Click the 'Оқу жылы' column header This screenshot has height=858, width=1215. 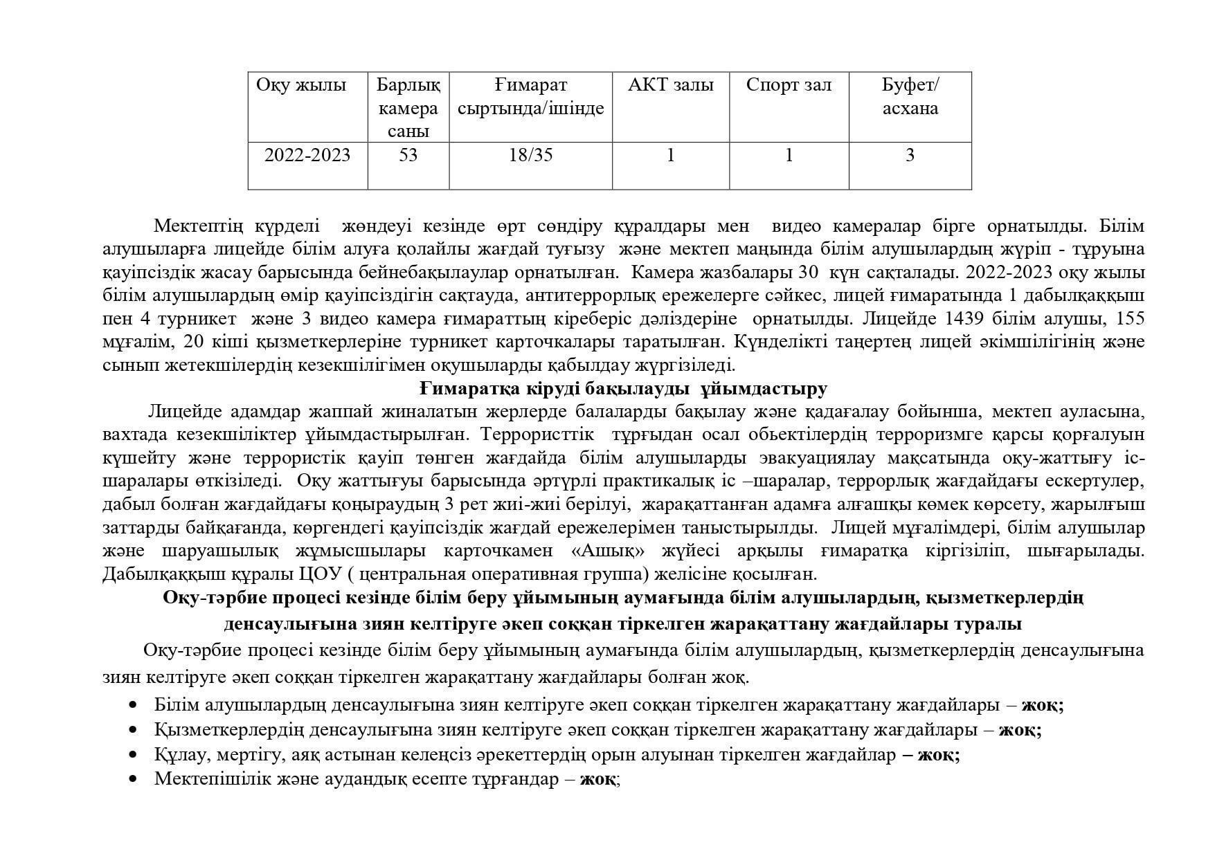301,85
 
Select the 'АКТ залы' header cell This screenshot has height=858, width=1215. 670,85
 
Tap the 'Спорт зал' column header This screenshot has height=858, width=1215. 789,85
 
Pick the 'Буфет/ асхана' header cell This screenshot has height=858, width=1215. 910,97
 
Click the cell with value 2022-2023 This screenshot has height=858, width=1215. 307,155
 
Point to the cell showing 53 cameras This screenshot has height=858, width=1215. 408,155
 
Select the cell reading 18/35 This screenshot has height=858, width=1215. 530,155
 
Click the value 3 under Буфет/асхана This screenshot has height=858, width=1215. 910,155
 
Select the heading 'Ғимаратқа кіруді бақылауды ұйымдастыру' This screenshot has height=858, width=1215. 624,389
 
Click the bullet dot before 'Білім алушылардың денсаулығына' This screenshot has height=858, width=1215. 134,705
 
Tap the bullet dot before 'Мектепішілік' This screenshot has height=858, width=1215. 134,779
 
